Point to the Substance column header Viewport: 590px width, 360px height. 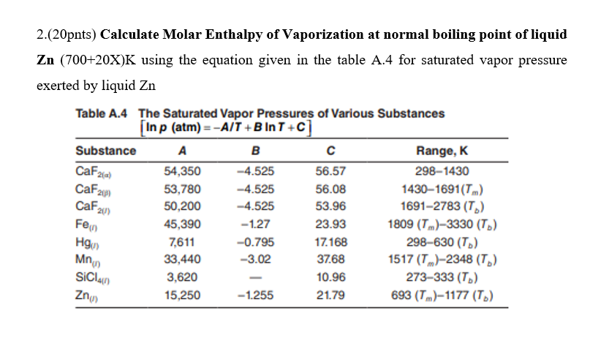pos(106,151)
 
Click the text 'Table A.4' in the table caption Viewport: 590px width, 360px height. pos(102,113)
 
